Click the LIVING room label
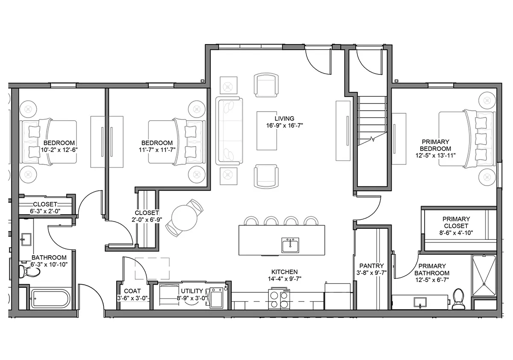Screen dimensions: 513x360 (284, 118)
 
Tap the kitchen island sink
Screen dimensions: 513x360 (290, 245)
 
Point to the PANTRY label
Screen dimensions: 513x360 (371, 266)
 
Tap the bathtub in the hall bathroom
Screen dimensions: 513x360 (50, 299)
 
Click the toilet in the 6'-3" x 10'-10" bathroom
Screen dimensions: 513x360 (29, 271)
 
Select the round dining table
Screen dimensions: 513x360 (184, 218)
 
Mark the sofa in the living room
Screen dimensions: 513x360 (229, 131)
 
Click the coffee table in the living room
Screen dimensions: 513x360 (267, 131)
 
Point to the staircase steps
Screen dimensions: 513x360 (372, 121)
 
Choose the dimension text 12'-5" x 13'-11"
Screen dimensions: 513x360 (436, 156)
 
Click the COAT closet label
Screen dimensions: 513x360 (133, 291)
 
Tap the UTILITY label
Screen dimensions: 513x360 (192, 291)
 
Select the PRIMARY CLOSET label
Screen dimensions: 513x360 (456, 222)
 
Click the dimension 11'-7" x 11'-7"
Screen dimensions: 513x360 (157, 150)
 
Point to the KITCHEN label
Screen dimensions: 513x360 (284, 272)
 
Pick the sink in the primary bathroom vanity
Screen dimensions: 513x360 (420, 303)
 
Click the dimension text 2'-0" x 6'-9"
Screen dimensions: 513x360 (147, 220)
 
